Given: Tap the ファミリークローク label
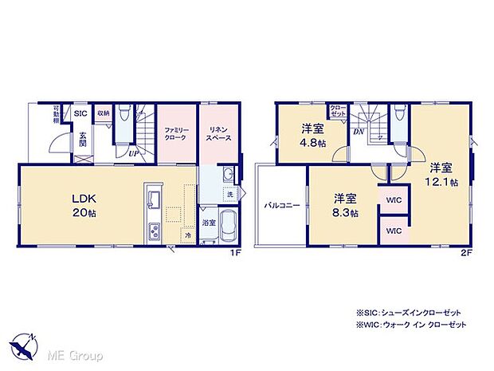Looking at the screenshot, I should (175, 133).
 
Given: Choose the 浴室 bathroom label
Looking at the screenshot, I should (207, 223).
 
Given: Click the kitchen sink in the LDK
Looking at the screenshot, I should (152, 198).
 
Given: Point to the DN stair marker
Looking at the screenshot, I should (359, 130).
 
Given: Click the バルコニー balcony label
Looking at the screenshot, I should (282, 205).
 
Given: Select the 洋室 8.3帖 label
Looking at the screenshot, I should (344, 204).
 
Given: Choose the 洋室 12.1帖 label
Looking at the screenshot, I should (441, 174).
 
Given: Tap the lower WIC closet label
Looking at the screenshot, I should (394, 231).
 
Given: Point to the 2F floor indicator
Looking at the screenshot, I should (467, 253).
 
